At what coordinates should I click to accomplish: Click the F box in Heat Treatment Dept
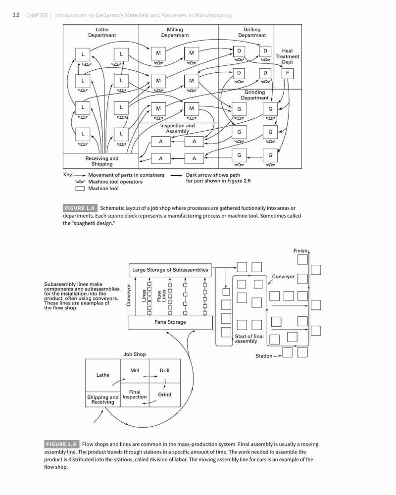pyautogui.click(x=288, y=73)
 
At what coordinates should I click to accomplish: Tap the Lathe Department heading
pyautogui.click(x=101, y=33)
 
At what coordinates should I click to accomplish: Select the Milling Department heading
pyautogui.click(x=175, y=33)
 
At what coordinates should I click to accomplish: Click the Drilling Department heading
pyautogui.click(x=252, y=33)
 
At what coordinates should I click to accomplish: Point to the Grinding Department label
pyautogui.click(x=254, y=95)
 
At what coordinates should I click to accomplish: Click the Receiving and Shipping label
pyautogui.click(x=101, y=161)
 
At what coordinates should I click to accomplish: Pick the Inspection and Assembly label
pyautogui.click(x=178, y=128)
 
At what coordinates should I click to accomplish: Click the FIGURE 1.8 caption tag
pyautogui.click(x=80, y=208)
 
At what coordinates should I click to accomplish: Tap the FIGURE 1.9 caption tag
pyautogui.click(x=61, y=444)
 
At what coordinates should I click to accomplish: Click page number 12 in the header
pyautogui.click(x=16, y=15)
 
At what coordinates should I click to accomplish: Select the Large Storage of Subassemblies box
pyautogui.click(x=170, y=270)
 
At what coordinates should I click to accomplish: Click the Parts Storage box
pyautogui.click(x=170, y=322)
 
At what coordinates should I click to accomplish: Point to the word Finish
pyautogui.click(x=300, y=250)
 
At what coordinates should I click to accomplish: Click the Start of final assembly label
pyautogui.click(x=249, y=339)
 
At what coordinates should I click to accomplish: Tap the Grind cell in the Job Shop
pyautogui.click(x=164, y=395)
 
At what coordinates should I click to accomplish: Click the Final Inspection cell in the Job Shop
pyautogui.click(x=135, y=395)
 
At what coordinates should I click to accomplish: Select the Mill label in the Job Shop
pyautogui.click(x=135, y=370)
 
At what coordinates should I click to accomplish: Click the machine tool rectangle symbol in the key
pyautogui.click(x=80, y=189)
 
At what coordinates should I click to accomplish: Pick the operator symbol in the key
pyautogui.click(x=80, y=182)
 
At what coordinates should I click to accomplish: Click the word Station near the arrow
pyautogui.click(x=264, y=356)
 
